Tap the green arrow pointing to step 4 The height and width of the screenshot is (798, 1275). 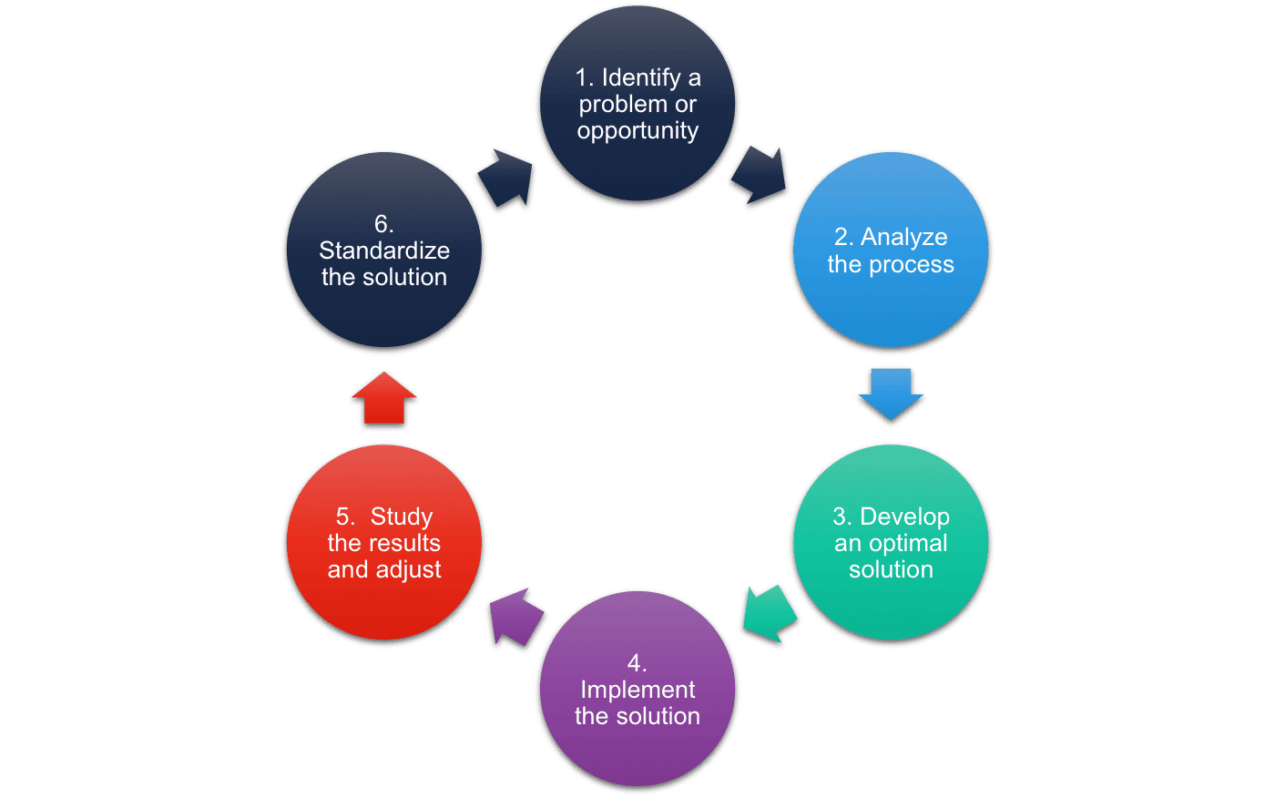[x=770, y=615]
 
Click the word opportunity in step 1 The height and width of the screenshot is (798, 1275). [x=637, y=131]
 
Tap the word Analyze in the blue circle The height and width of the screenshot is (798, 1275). [x=903, y=237]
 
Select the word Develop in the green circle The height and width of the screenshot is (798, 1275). [x=904, y=517]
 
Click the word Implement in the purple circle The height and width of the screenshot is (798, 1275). [x=637, y=690]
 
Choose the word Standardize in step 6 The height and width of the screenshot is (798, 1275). [x=384, y=251]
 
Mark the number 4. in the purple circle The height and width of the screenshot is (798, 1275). [x=637, y=663]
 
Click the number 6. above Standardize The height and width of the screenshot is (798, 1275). [x=383, y=224]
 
